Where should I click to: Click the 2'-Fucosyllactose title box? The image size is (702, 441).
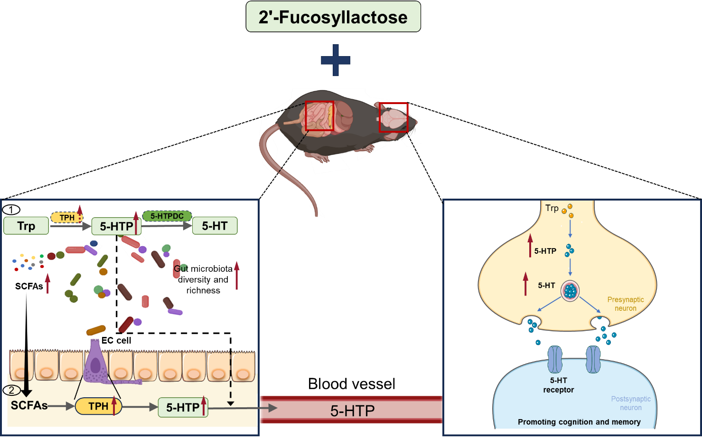333,17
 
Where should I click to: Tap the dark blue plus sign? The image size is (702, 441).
336,60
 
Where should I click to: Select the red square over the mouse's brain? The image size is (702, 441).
393,117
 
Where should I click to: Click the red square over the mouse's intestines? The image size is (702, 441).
319,115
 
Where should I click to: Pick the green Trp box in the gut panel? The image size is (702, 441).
26,226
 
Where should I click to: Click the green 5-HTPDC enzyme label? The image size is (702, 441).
167,216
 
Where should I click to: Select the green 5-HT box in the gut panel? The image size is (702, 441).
215,226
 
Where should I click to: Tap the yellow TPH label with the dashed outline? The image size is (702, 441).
67,218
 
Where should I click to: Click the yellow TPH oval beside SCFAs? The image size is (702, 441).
98,406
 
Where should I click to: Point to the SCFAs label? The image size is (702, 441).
29,405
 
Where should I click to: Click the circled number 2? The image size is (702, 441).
12,391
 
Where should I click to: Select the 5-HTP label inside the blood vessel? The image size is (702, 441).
352,411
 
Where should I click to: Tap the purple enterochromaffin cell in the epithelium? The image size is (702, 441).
96,364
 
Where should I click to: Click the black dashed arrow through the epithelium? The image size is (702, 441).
231,380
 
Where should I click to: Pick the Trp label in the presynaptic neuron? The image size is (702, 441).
552,208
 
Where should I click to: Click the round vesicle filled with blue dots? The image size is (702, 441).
570,291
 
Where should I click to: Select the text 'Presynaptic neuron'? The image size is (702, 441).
626,304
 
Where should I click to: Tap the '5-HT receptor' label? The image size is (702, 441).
558,385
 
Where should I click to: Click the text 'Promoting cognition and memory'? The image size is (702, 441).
579,422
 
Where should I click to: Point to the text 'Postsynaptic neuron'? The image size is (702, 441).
631,403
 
